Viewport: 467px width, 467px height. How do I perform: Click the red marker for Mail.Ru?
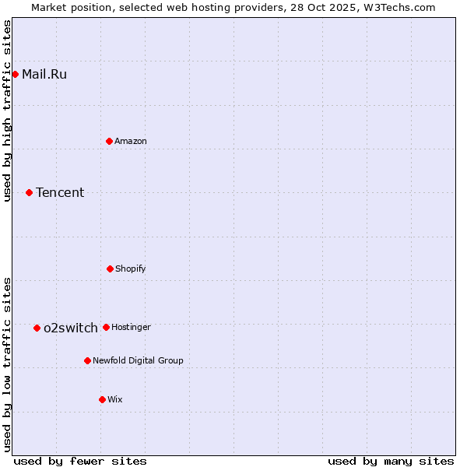(x=15, y=75)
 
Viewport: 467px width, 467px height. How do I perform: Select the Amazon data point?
(x=109, y=141)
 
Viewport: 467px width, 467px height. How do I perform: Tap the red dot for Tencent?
(x=29, y=192)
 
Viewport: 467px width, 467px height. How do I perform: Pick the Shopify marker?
(x=110, y=269)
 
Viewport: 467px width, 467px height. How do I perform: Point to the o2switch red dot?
(x=37, y=328)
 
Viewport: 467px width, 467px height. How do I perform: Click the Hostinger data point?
(x=106, y=327)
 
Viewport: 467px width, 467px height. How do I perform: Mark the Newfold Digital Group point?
(x=87, y=360)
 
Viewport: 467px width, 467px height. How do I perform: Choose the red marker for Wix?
(x=102, y=399)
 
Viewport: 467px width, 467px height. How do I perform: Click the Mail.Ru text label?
(x=44, y=75)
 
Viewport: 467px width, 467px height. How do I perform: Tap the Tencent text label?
(x=60, y=192)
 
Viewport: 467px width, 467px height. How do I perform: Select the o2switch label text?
(x=71, y=328)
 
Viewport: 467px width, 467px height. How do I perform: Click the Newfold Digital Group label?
(x=138, y=360)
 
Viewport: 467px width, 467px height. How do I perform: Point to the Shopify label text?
(x=130, y=269)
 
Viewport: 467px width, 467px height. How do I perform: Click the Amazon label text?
(x=130, y=141)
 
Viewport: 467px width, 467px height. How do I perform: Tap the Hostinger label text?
(x=131, y=327)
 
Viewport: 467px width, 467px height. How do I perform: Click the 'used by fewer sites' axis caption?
(x=80, y=461)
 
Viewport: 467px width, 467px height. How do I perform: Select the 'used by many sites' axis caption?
(x=391, y=461)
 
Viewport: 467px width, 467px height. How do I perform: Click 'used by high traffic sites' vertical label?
(x=8, y=111)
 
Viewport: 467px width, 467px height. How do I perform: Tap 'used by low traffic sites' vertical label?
(x=8, y=364)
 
